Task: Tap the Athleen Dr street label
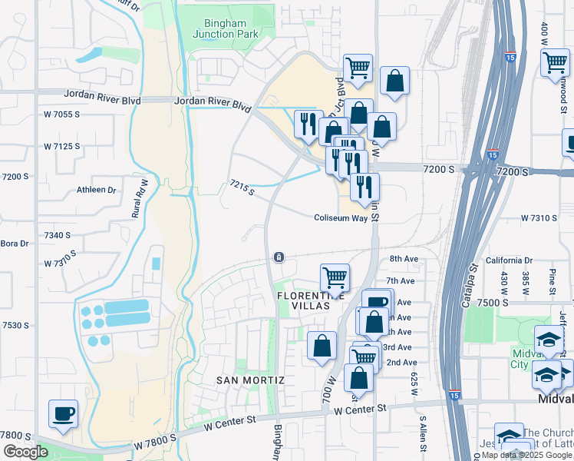point(96,190)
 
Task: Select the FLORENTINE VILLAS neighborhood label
point(302,300)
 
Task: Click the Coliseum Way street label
point(340,218)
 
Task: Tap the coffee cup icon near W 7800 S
point(63,413)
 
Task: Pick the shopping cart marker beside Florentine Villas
point(335,277)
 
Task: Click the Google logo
point(25,452)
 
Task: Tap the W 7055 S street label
point(62,114)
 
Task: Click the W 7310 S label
point(538,218)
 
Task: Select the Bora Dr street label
point(14,244)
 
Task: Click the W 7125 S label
point(62,146)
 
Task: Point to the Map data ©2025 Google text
point(521,455)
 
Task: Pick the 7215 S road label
point(242,187)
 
